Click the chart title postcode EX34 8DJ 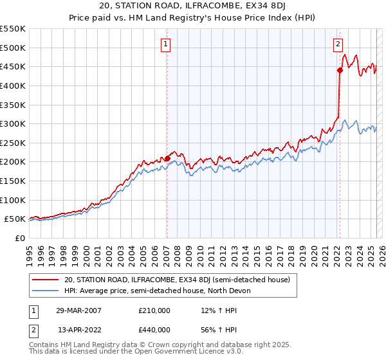click(x=270, y=4)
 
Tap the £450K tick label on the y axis click(x=13, y=67)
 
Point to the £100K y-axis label click(x=13, y=200)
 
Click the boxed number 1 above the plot click(x=166, y=44)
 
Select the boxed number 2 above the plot click(x=338, y=44)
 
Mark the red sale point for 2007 click(x=167, y=158)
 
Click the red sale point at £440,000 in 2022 click(x=340, y=71)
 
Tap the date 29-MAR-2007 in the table click(x=78, y=310)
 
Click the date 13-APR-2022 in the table click(x=78, y=329)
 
